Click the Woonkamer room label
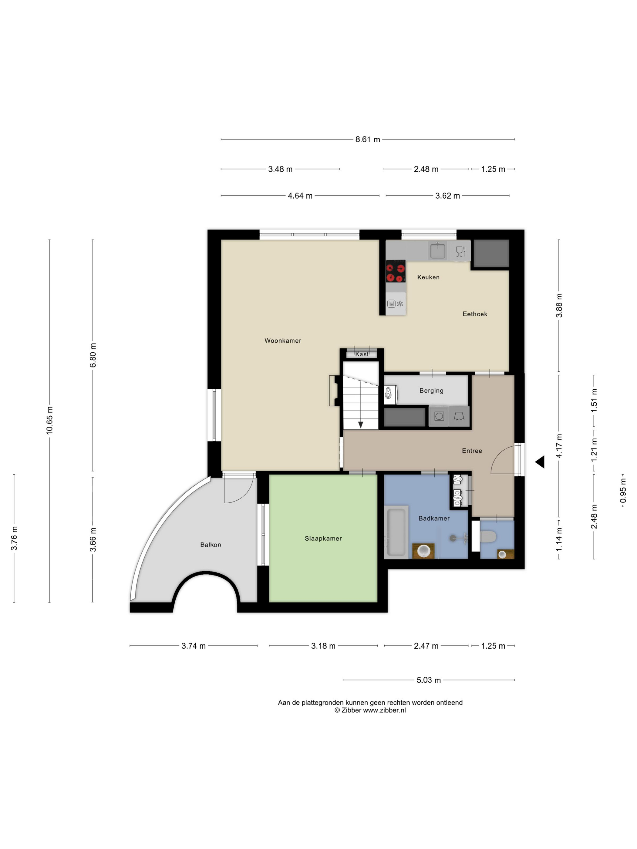283,341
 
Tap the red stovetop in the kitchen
396,271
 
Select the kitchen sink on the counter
437,251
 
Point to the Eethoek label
475,314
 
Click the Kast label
362,354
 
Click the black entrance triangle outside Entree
540,462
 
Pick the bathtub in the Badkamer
396,532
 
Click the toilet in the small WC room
488,537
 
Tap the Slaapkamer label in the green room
323,539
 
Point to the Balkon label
211,545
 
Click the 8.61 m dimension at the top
367,139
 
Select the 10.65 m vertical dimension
49,420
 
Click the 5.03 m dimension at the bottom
429,680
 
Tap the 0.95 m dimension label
623,491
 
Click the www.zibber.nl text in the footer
384,710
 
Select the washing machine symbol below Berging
439,416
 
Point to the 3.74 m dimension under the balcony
194,646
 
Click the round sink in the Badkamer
423,550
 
